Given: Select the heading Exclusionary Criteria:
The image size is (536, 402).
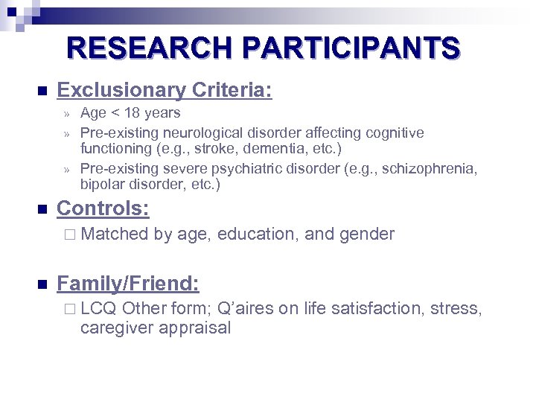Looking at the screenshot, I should pos(165,91).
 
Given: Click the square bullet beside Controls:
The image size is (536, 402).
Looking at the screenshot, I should pos(41,209).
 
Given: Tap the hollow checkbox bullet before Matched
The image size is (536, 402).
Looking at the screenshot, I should pos(69,234).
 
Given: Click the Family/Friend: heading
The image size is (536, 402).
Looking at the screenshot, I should pos(128,283).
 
